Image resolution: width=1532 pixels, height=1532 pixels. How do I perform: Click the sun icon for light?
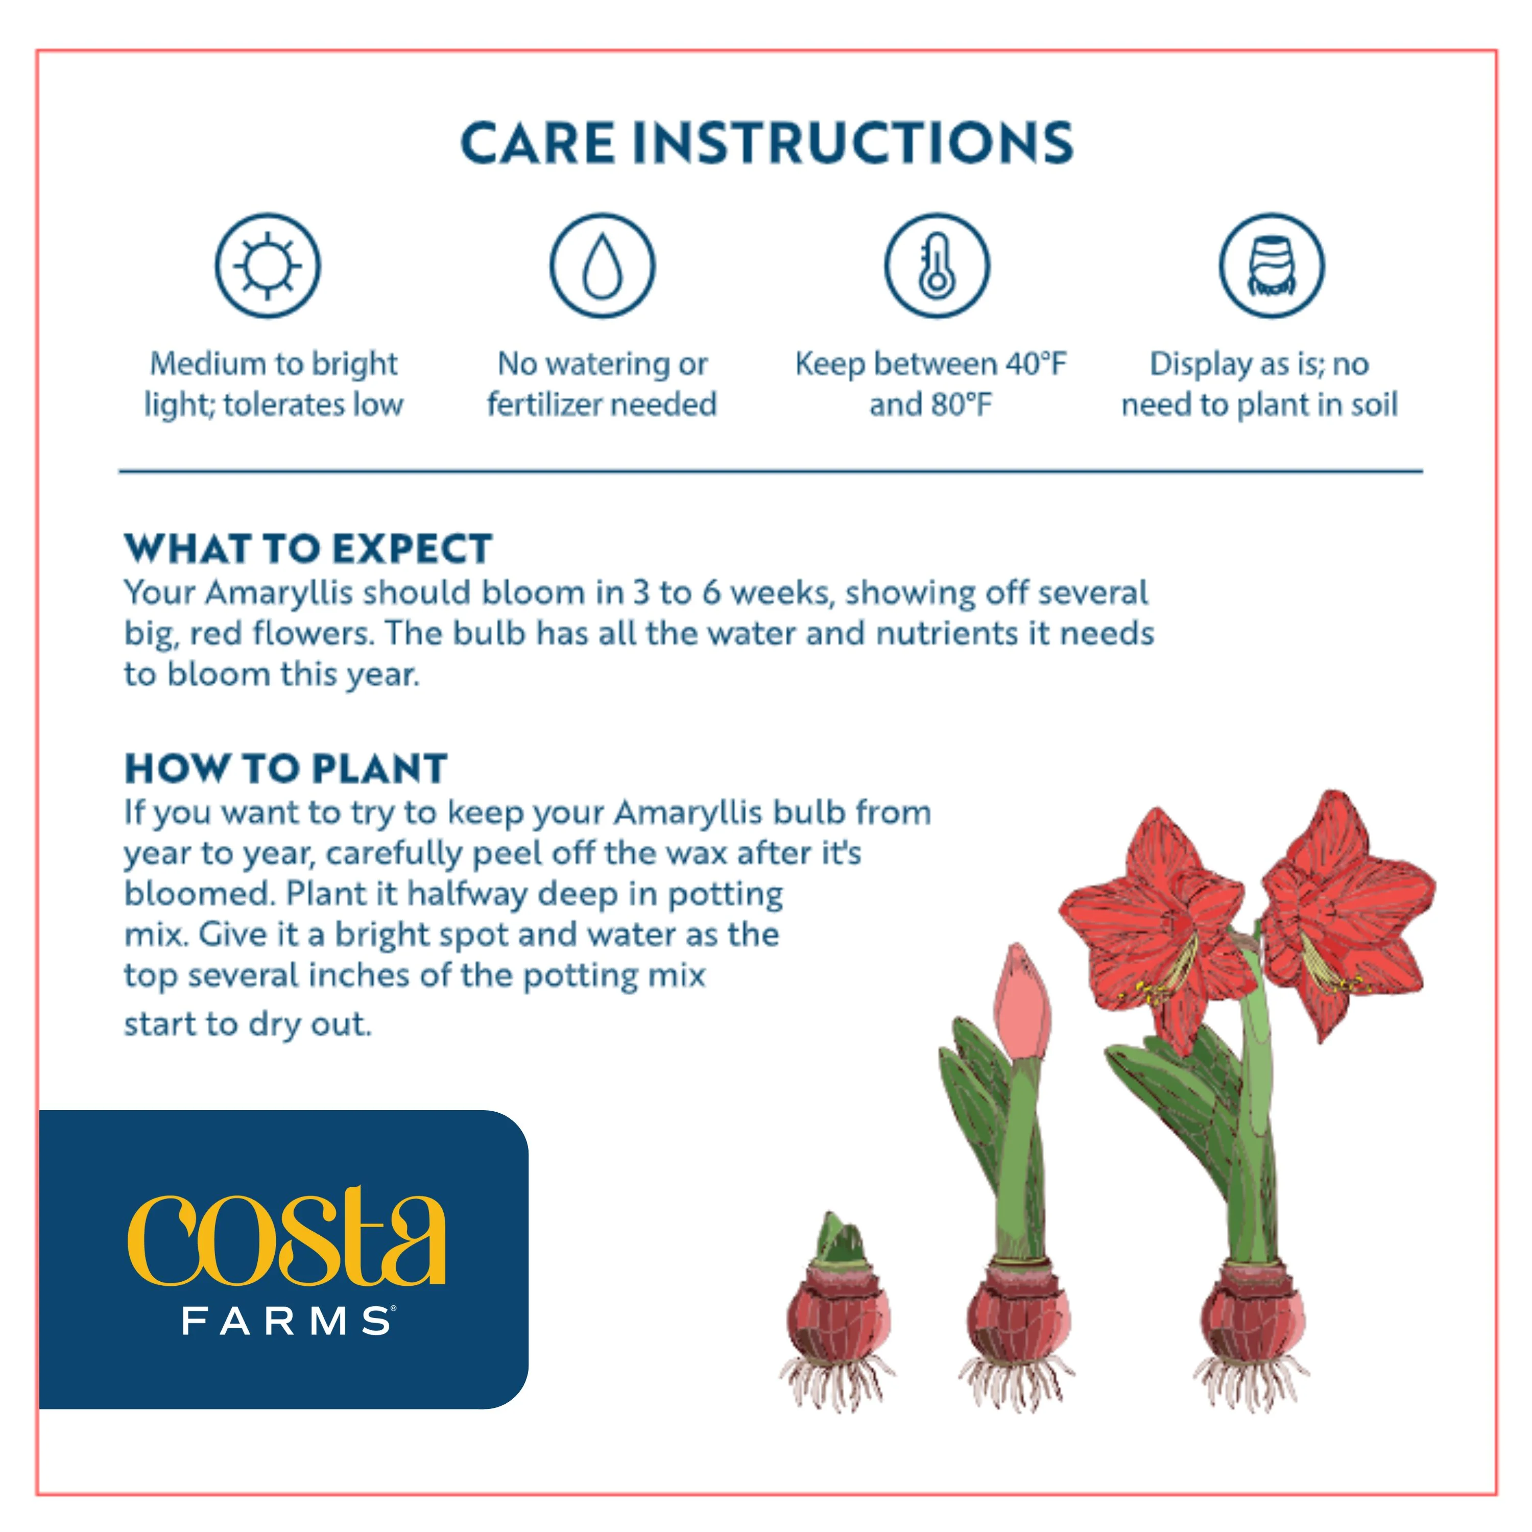(268, 266)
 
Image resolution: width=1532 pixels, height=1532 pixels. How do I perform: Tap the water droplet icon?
(603, 266)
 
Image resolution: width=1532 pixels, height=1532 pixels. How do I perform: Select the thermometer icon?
(937, 266)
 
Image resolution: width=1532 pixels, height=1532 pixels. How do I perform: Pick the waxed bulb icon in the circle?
(1272, 266)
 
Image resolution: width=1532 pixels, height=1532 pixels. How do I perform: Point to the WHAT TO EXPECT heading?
(308, 549)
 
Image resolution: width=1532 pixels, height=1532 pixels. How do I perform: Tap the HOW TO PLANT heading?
(286, 769)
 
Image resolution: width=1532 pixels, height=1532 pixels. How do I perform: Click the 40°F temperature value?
(1036, 364)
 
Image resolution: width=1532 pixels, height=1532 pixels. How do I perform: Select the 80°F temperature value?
(962, 404)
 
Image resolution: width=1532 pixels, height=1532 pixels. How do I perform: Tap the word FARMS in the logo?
(289, 1322)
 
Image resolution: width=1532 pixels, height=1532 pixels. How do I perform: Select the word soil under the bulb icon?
(1374, 404)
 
